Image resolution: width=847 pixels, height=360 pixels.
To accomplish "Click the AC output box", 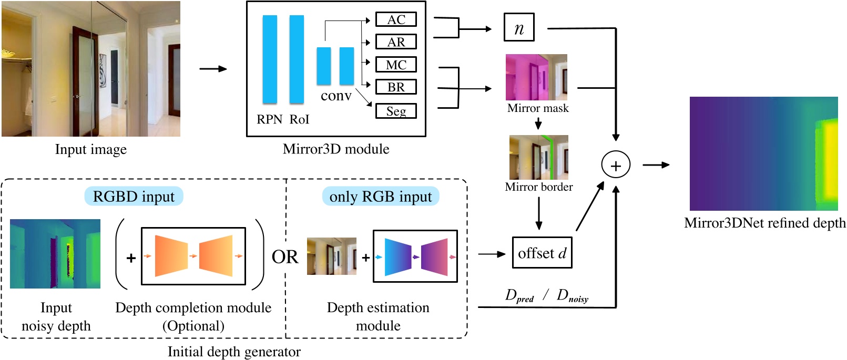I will (x=396, y=19).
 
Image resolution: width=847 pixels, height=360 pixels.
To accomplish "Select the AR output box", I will (x=396, y=42).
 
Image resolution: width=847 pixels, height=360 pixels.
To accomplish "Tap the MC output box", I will (x=396, y=65).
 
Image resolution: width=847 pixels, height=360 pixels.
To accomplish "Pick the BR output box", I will (x=396, y=87).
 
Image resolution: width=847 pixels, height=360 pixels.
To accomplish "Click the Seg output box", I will (x=396, y=111).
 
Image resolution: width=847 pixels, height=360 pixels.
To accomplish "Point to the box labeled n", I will (x=519, y=28).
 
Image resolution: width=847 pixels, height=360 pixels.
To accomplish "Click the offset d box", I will (x=542, y=253).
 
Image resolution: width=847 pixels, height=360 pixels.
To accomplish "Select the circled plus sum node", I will (x=615, y=166).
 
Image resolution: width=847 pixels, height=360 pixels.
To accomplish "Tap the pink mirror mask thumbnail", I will (x=536, y=77).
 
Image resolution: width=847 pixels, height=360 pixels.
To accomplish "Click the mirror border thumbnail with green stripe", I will (x=538, y=157).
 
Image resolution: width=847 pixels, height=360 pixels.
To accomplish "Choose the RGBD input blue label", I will (x=134, y=197).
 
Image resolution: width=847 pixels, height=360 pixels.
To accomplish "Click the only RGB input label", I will (x=380, y=197).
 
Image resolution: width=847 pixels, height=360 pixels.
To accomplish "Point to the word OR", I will (x=284, y=257).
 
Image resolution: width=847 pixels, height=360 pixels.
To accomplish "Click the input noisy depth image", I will (x=55, y=254).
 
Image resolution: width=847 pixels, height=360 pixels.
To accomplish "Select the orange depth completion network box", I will (x=193, y=256).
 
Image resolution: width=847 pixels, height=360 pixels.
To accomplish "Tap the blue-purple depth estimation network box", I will (x=415, y=256).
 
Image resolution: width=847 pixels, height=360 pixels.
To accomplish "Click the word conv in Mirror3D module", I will (x=336, y=96).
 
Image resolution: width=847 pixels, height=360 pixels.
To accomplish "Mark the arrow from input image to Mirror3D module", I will (x=213, y=69).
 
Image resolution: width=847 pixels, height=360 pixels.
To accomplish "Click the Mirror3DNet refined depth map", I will (x=763, y=153).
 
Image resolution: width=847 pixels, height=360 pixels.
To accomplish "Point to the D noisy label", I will (x=573, y=296).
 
